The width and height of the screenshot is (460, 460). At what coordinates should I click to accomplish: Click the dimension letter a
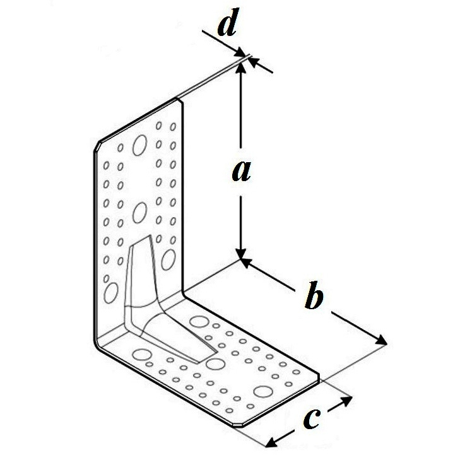242,172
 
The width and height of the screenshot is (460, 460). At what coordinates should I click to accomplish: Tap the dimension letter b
314,295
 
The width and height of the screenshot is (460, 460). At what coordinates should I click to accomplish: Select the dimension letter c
311,418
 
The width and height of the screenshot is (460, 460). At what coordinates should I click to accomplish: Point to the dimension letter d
227,22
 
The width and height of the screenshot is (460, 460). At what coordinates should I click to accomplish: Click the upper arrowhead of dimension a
241,68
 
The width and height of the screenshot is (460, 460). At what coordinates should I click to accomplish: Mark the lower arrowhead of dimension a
241,254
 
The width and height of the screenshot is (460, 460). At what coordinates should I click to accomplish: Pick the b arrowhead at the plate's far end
380,340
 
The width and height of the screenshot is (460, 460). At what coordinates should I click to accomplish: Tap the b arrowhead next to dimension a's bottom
247,263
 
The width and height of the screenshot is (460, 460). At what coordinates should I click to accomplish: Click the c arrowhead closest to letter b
346,401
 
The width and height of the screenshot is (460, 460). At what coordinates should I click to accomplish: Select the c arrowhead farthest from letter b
273,442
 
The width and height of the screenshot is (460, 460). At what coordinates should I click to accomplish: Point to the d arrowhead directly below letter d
241,54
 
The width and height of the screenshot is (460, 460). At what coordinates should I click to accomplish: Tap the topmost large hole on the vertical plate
139,145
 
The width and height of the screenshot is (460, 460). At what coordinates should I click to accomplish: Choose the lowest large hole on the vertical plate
111,293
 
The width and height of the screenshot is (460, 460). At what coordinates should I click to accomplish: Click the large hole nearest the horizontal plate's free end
263,392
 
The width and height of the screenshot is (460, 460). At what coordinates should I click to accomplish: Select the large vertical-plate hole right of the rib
168,259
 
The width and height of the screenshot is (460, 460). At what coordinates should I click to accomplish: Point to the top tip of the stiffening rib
150,235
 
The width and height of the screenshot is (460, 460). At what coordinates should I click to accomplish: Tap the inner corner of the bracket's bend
184,293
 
